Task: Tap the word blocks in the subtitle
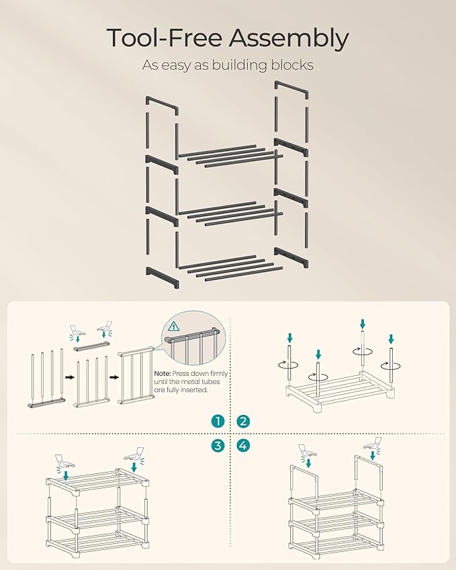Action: click(x=291, y=66)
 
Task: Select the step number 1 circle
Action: click(x=217, y=421)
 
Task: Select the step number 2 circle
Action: click(x=243, y=421)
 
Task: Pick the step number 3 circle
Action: click(x=217, y=445)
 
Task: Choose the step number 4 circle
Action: click(x=243, y=445)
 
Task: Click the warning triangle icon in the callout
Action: click(x=175, y=327)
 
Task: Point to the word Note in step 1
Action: click(x=161, y=374)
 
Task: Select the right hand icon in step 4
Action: click(x=373, y=444)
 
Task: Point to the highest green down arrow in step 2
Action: click(x=363, y=324)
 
